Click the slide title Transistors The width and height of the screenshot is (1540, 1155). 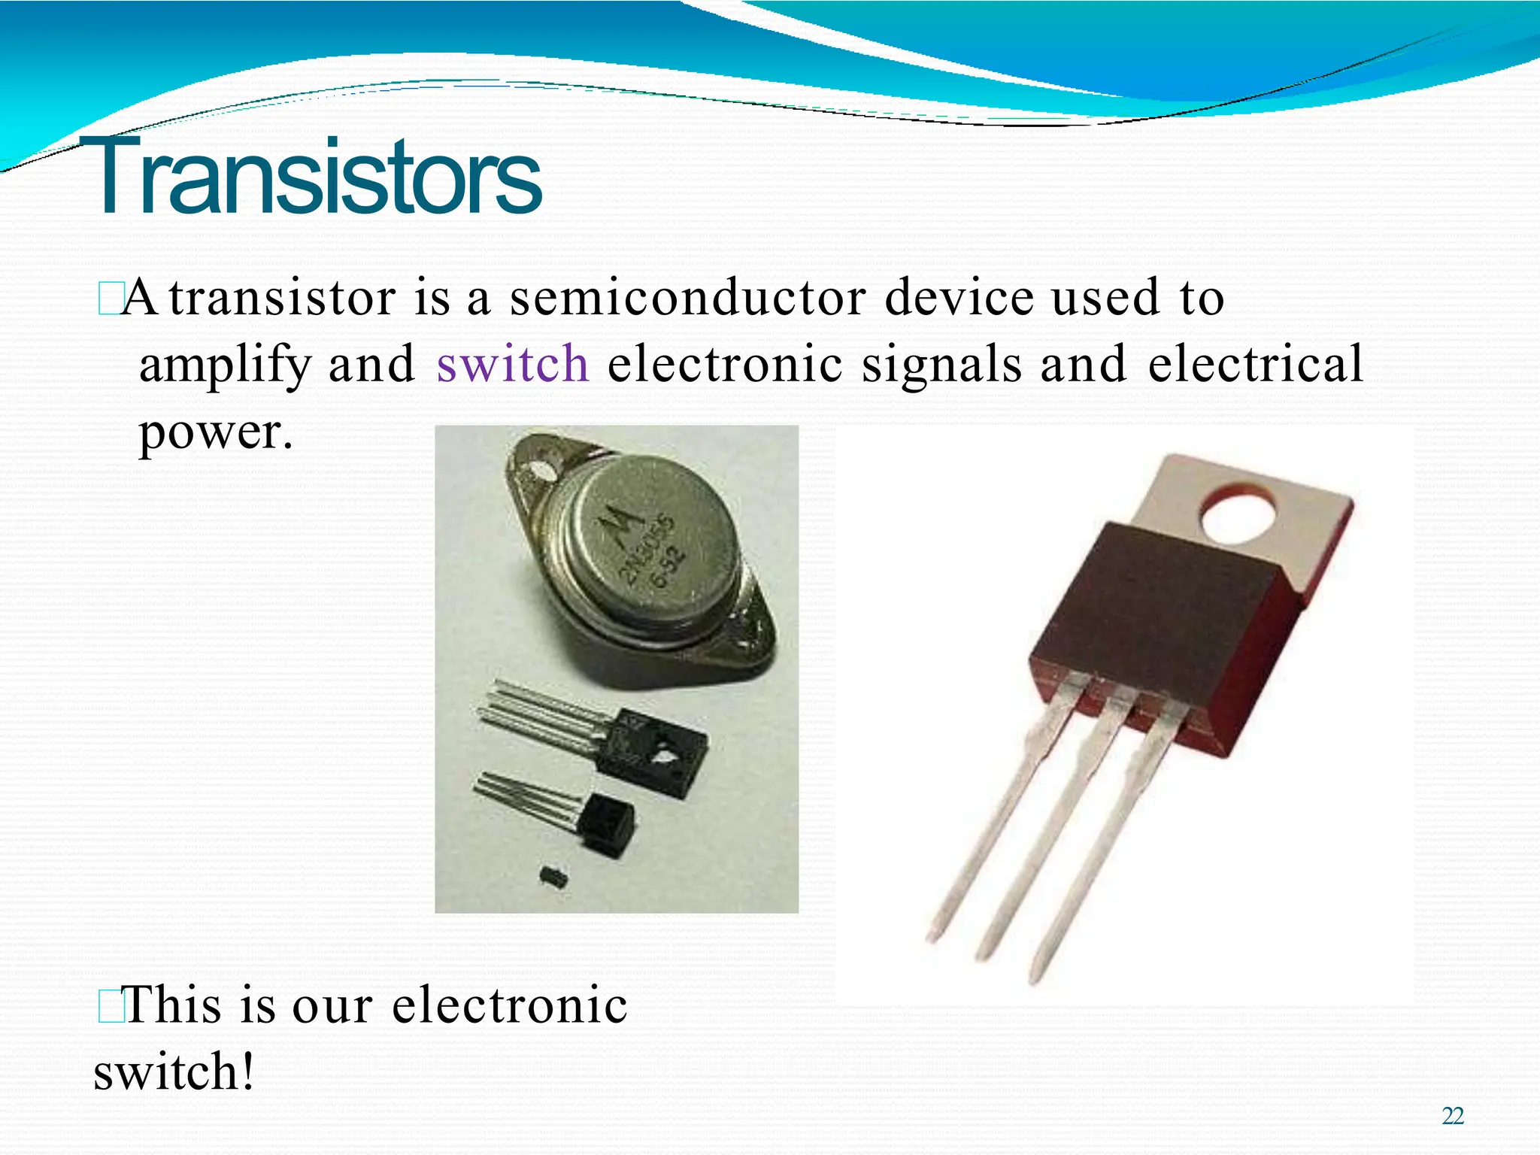pyautogui.click(x=316, y=177)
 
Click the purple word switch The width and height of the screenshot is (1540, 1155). pyautogui.click(x=512, y=364)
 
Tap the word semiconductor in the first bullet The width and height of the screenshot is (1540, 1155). pyautogui.click(x=687, y=298)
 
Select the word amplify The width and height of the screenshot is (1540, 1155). pyautogui.click(x=224, y=365)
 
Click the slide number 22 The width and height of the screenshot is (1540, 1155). pyautogui.click(x=1453, y=1116)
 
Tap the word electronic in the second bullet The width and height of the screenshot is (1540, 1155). pyautogui.click(x=510, y=1005)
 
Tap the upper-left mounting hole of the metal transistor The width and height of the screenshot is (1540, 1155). pyautogui.click(x=540, y=471)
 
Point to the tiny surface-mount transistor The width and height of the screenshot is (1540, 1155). pyautogui.click(x=553, y=875)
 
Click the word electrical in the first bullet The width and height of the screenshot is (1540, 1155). pyautogui.click(x=1255, y=364)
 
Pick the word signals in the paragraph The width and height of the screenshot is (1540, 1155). pyautogui.click(x=941, y=364)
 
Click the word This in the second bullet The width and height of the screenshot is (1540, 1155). pyautogui.click(x=172, y=1005)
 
